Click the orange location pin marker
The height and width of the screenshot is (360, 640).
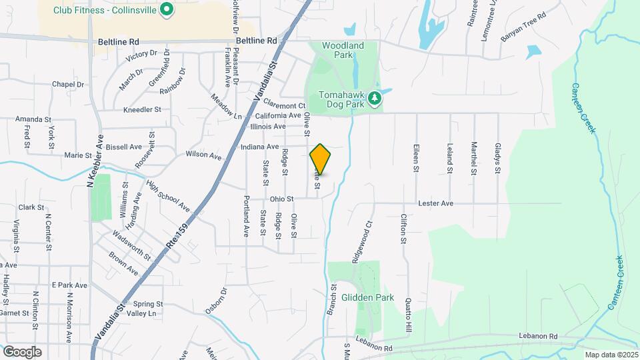pyautogui.click(x=321, y=159)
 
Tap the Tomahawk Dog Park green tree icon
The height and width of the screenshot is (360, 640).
pyautogui.click(x=375, y=99)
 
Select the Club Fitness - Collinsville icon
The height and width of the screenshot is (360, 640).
pyautogui.click(x=168, y=10)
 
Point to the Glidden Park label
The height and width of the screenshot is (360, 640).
pyautogui.click(x=367, y=297)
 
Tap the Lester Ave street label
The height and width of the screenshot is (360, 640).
pyautogui.click(x=435, y=203)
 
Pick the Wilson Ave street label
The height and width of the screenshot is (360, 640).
pyautogui.click(x=203, y=155)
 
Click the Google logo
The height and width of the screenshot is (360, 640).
pyautogui.click(x=22, y=352)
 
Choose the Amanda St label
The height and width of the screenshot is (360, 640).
pyautogui.click(x=34, y=119)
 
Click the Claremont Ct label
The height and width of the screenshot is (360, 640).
pyautogui.click(x=283, y=105)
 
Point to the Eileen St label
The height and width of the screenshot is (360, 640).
pyautogui.click(x=416, y=159)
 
